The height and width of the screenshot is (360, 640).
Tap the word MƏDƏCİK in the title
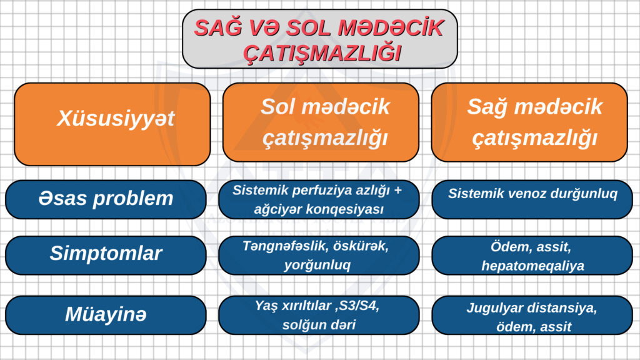[391, 27]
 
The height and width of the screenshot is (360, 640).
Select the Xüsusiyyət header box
[112, 124]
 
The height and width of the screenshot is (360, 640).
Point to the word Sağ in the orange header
[487, 107]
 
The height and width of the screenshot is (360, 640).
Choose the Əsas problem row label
[106, 199]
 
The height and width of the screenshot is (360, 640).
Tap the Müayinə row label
[106, 315]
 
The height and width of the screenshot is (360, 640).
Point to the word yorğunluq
[317, 265]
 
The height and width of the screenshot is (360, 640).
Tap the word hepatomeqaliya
[532, 266]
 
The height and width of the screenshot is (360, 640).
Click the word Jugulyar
[492, 308]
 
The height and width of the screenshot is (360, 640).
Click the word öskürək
[361, 246]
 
